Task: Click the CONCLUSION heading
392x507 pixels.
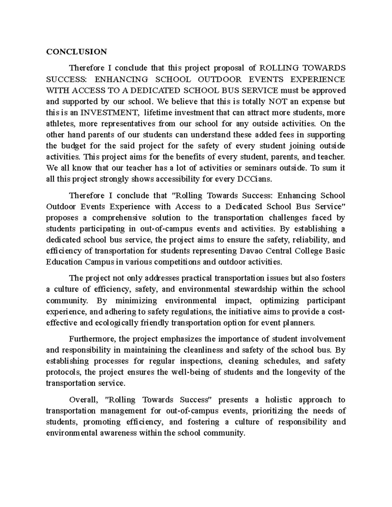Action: click(x=76, y=52)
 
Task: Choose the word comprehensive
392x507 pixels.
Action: click(x=116, y=218)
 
